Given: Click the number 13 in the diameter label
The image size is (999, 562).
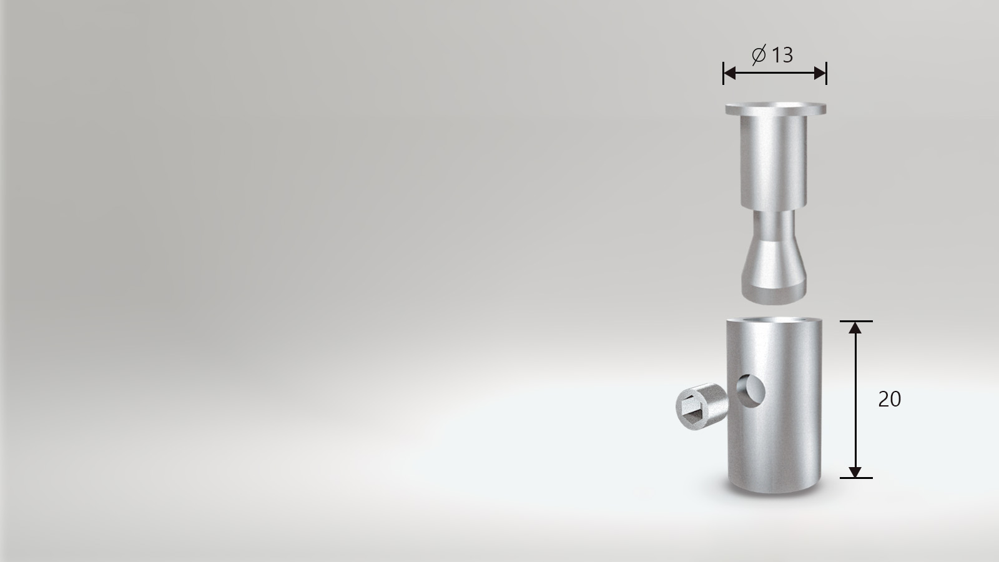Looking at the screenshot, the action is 782,56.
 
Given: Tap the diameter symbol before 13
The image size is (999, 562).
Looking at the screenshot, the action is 759,54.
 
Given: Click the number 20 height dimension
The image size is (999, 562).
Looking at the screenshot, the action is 889,399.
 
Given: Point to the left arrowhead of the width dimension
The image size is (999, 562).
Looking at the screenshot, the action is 730,72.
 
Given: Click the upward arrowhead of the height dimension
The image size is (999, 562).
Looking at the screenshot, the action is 855,328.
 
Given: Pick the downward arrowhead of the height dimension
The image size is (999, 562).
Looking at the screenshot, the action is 855,471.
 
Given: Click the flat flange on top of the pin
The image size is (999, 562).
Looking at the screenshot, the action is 775,109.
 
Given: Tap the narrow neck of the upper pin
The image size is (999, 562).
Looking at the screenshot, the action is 774,225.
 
